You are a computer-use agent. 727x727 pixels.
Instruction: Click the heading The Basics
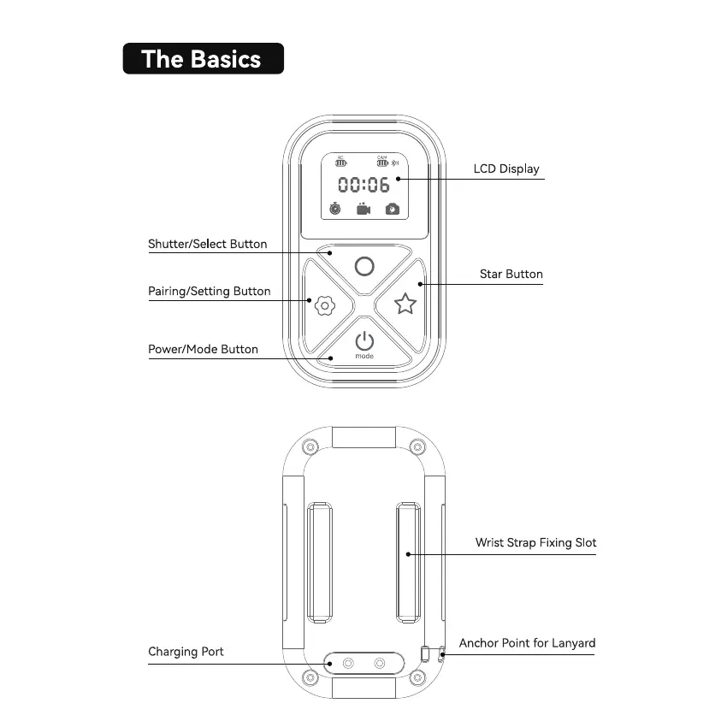pos(202,59)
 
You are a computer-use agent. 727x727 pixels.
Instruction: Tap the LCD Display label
pos(506,168)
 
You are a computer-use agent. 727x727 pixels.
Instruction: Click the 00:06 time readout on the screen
pos(363,184)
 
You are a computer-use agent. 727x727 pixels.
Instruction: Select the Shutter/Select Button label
pos(207,244)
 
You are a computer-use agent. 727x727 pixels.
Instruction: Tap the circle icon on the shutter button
pos(364,266)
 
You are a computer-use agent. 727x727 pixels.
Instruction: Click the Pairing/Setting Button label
pos(209,291)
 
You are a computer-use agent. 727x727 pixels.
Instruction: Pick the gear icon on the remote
pos(323,305)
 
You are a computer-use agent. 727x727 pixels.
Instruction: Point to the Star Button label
pos(511,274)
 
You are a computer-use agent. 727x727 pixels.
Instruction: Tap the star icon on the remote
pos(405,304)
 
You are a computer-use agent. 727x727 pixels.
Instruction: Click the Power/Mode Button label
pos(203,349)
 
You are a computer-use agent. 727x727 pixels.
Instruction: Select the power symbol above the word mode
pos(364,340)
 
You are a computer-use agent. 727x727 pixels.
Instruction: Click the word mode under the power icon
pos(364,356)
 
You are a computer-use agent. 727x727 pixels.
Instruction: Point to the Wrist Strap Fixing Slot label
pos(535,542)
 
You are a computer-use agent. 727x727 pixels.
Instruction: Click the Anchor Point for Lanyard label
pos(527,643)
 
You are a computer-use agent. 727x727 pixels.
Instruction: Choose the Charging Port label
pos(186,652)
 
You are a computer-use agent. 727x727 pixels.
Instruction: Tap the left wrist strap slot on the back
pos(318,563)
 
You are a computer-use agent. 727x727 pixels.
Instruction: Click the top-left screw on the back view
pos(310,447)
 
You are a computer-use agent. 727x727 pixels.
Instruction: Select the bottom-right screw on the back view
pos(417,678)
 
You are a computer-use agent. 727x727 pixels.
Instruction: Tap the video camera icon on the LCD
pos(363,208)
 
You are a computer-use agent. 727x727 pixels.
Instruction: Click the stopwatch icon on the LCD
pos(336,208)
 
